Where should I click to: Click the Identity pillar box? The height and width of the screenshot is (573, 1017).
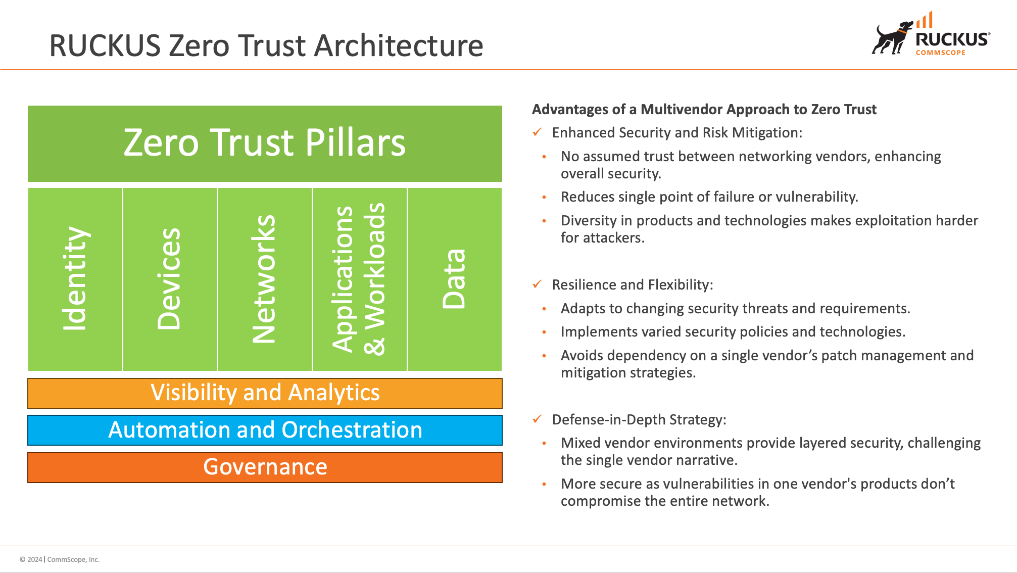(75, 279)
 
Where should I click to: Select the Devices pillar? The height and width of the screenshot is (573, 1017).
(170, 279)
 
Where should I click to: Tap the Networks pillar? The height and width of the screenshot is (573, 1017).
(265, 279)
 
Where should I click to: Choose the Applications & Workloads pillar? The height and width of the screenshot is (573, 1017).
(359, 279)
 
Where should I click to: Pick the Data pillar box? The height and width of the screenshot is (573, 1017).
(454, 279)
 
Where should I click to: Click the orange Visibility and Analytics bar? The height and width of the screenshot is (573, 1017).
(265, 393)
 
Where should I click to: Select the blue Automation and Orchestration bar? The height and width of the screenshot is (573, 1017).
(265, 430)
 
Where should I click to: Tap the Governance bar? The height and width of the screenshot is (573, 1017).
(265, 467)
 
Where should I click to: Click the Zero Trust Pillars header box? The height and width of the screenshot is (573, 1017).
(265, 144)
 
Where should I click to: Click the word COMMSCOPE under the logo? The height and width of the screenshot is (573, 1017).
(940, 53)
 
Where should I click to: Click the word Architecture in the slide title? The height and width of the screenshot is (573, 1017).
(399, 45)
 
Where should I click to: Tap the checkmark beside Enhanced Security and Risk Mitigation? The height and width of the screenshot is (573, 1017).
(537, 132)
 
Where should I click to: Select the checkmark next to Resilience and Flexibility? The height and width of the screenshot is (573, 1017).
(537, 284)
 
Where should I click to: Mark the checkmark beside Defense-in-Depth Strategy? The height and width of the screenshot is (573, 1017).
(537, 419)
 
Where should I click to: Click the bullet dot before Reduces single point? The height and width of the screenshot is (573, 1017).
(544, 197)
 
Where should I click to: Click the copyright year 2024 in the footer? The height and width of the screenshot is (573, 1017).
(35, 559)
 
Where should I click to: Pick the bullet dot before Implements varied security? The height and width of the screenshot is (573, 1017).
(544, 332)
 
